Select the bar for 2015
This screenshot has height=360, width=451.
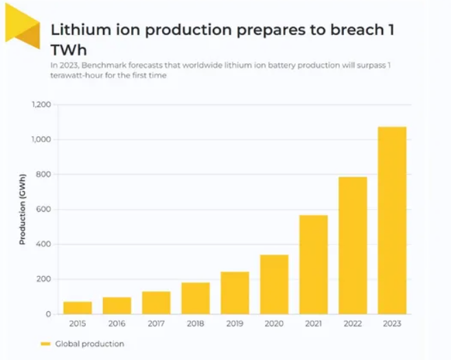click(78, 308)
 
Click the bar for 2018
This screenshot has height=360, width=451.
click(196, 298)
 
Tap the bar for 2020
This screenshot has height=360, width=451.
click(274, 284)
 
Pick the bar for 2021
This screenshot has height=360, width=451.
click(313, 265)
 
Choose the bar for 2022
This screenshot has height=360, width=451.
click(352, 245)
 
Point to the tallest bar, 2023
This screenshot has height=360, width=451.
click(392, 220)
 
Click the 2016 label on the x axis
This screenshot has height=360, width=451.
click(117, 323)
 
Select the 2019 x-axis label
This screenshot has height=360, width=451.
click(235, 323)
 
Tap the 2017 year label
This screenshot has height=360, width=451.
click(156, 323)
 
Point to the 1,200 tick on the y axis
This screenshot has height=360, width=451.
click(41, 104)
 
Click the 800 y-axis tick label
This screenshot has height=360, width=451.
click(44, 175)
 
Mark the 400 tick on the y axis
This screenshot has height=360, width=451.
click(44, 245)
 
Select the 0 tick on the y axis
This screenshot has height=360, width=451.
click(48, 314)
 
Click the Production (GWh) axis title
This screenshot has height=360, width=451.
click(23, 210)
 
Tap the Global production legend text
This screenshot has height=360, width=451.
click(90, 344)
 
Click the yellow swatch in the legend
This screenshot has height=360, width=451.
click(46, 344)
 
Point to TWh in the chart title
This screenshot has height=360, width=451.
click(69, 50)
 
